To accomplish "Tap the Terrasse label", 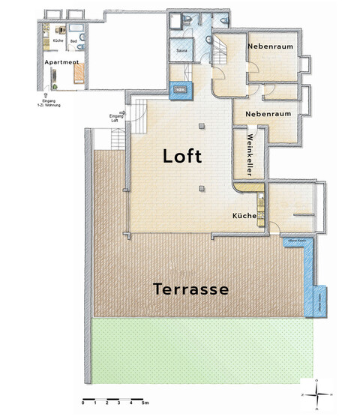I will pos(190,288).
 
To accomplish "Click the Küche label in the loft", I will pos(244,216).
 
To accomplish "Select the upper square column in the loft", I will pos(202,126).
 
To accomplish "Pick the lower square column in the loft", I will pos(202,189).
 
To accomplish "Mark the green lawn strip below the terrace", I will pos(202,352).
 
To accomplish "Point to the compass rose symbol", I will pos(319,392).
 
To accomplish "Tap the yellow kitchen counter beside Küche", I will pos(260,203).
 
